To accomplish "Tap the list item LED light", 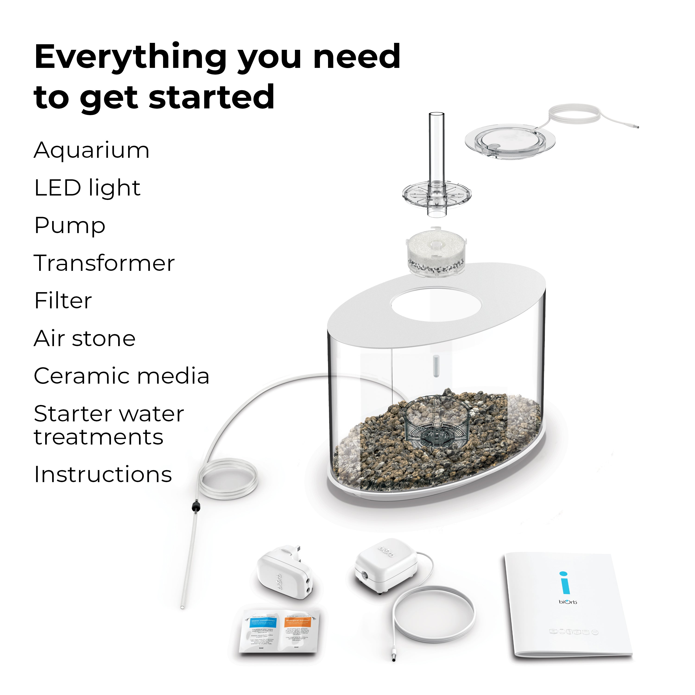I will (x=87, y=188).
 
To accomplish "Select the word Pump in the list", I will (x=70, y=226).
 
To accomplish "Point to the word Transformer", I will (x=104, y=263).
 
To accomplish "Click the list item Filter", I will (x=63, y=301).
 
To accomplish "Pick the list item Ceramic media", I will (x=121, y=376).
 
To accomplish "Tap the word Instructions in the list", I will (x=103, y=474).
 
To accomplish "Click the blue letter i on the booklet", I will (x=565, y=583).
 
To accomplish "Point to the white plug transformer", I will (x=284, y=572).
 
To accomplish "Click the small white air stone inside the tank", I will (x=436, y=366).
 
